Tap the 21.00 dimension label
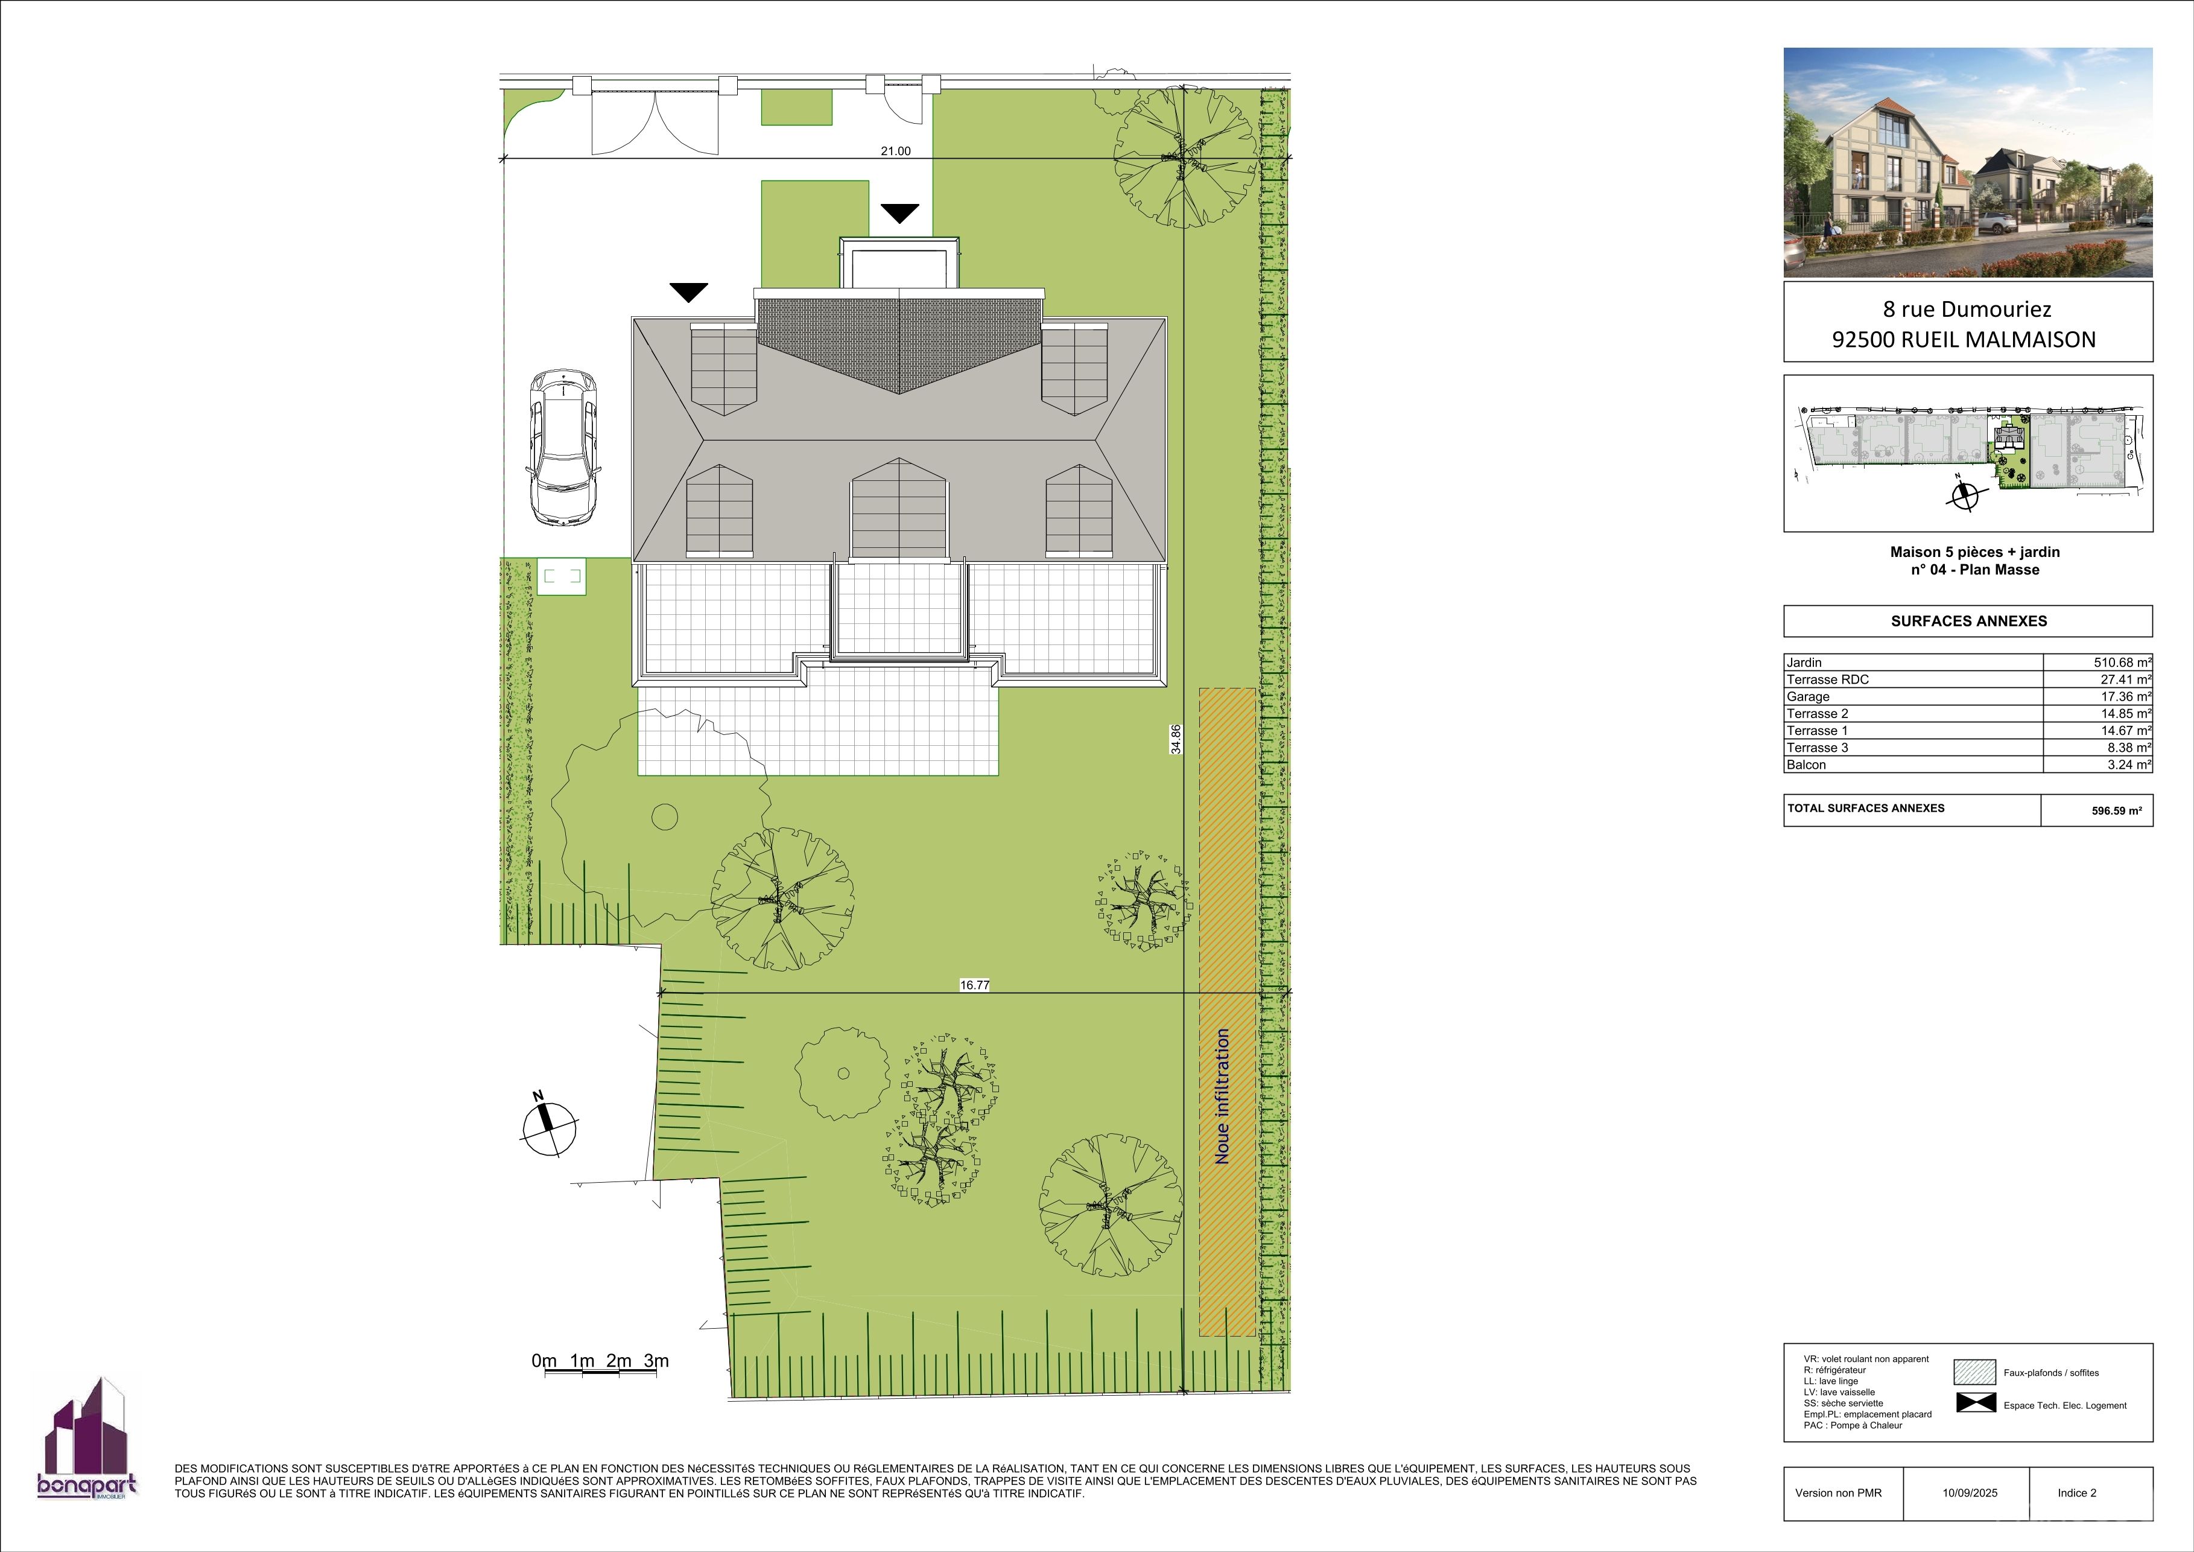click(895, 151)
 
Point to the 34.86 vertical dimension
click(1175, 739)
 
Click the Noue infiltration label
click(1222, 1096)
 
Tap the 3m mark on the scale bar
click(656, 1361)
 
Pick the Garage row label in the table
click(1808, 697)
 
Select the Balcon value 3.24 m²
click(2129, 765)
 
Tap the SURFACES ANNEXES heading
click(1968, 621)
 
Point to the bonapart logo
click(87, 1439)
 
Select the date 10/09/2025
click(1970, 1493)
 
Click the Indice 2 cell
click(2078, 1493)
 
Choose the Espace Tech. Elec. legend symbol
click(1975, 1404)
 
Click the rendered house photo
click(1968, 162)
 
